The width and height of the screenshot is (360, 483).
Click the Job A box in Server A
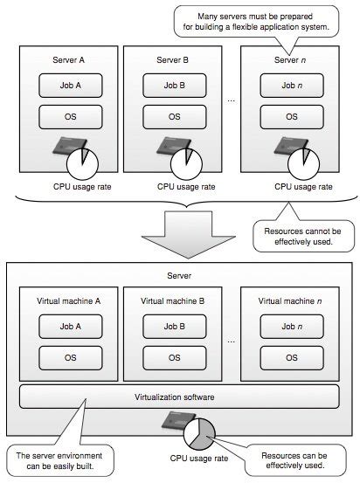point(70,86)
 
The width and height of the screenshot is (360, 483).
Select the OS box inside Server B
point(174,116)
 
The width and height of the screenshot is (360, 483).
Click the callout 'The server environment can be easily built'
point(58,460)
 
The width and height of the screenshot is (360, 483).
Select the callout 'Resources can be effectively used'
point(297,460)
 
